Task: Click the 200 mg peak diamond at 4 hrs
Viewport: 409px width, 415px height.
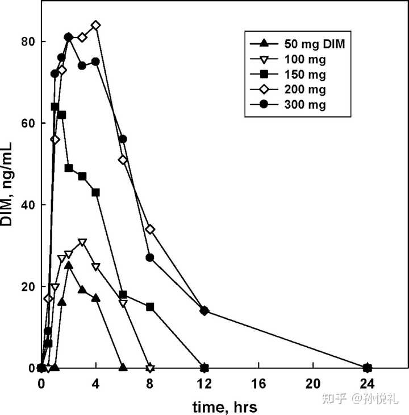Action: pyautogui.click(x=95, y=25)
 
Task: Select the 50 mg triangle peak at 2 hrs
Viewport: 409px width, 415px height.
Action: pyautogui.click(x=68, y=265)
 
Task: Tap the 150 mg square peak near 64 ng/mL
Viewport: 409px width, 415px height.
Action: pyautogui.click(x=55, y=106)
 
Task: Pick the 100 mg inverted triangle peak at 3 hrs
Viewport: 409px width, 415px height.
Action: pyautogui.click(x=82, y=243)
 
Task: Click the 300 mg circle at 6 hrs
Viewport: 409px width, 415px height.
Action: pyautogui.click(x=123, y=139)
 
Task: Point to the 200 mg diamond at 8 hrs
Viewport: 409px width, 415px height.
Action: pyautogui.click(x=150, y=229)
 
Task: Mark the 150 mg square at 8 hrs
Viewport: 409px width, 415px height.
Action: pyautogui.click(x=150, y=307)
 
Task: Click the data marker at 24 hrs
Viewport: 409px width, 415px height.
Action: pyautogui.click(x=368, y=367)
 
